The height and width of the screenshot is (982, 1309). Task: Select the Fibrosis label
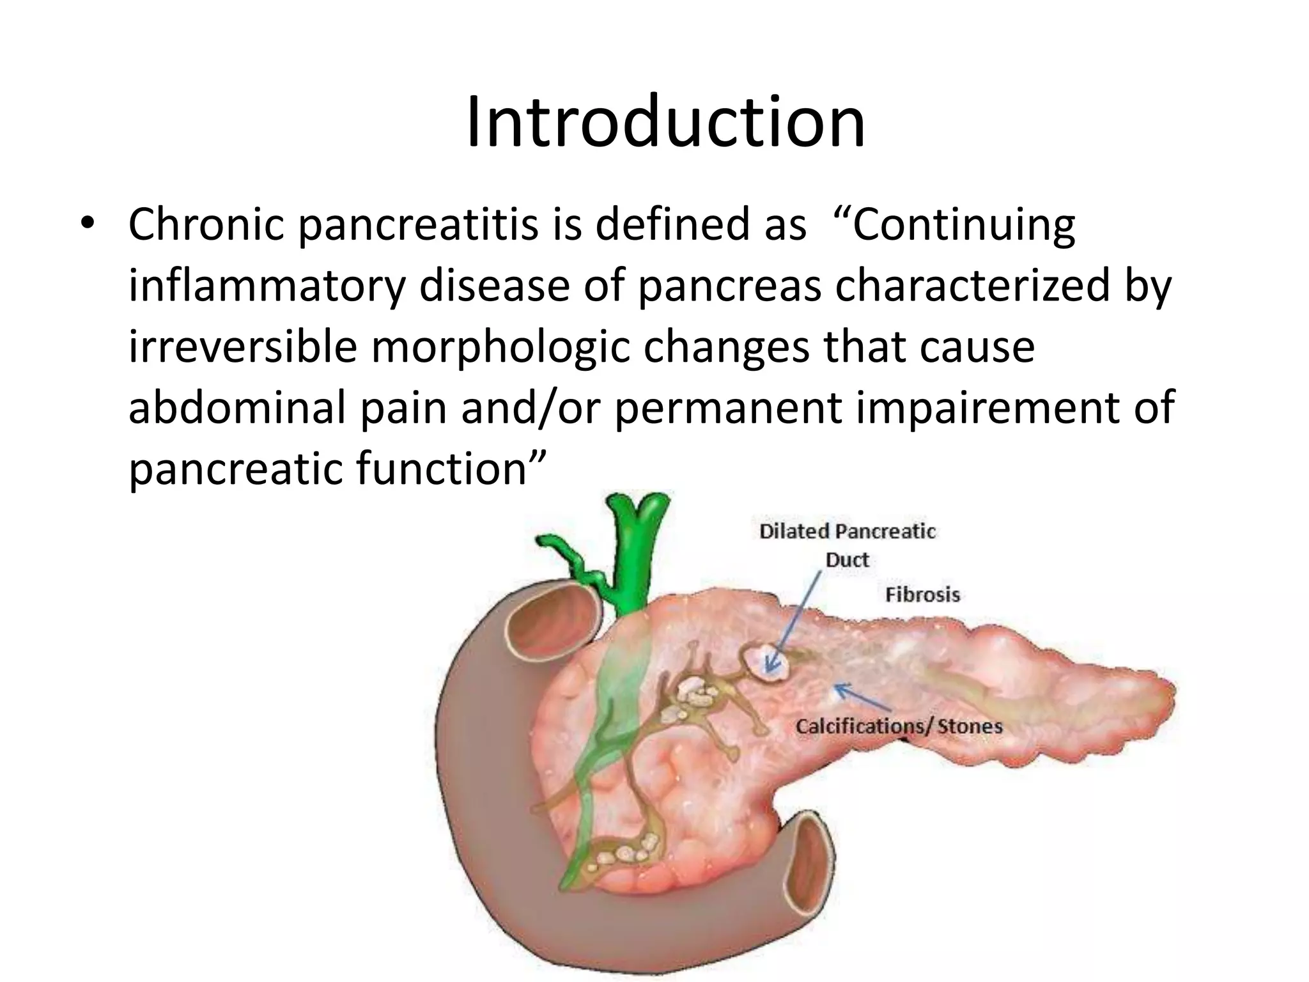point(922,595)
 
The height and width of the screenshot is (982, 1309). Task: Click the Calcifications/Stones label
point(899,726)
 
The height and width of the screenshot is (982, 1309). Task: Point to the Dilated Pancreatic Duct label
point(847,545)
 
